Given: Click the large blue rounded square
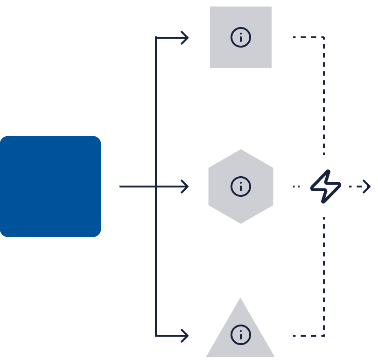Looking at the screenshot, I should [x=50, y=187].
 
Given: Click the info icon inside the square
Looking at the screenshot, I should [x=241, y=37].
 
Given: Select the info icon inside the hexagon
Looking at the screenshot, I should [x=241, y=187].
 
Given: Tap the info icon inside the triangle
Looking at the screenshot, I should [x=241, y=335].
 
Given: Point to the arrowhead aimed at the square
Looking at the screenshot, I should [x=185, y=37].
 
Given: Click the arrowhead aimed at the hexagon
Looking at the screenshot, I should [x=185, y=187].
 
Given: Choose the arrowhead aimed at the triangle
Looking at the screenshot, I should [x=185, y=335].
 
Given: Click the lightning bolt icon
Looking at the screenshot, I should [x=326, y=187].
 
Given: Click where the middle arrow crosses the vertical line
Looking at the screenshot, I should [x=156, y=187].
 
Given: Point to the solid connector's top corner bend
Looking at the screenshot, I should [x=156, y=37].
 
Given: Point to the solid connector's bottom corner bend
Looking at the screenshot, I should [x=156, y=335].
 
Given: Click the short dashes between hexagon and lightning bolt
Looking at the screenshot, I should [x=296, y=187].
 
